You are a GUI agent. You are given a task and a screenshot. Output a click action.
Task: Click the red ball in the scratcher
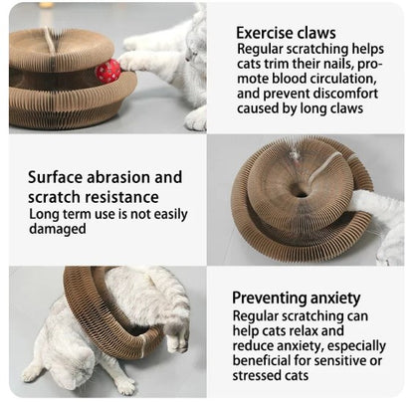[108, 71]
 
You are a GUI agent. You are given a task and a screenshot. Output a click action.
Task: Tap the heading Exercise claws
[286, 33]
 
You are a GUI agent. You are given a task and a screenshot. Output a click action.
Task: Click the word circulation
[343, 79]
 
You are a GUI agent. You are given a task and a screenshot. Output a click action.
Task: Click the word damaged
[58, 229]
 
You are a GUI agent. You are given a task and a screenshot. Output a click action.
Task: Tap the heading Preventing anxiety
[297, 299]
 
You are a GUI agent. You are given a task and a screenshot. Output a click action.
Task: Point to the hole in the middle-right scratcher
[300, 192]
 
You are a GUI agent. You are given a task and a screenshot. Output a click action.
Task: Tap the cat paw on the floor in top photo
[196, 119]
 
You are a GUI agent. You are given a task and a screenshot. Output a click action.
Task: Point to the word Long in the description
[42, 214]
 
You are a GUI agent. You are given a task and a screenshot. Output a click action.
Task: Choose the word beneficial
[262, 360]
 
